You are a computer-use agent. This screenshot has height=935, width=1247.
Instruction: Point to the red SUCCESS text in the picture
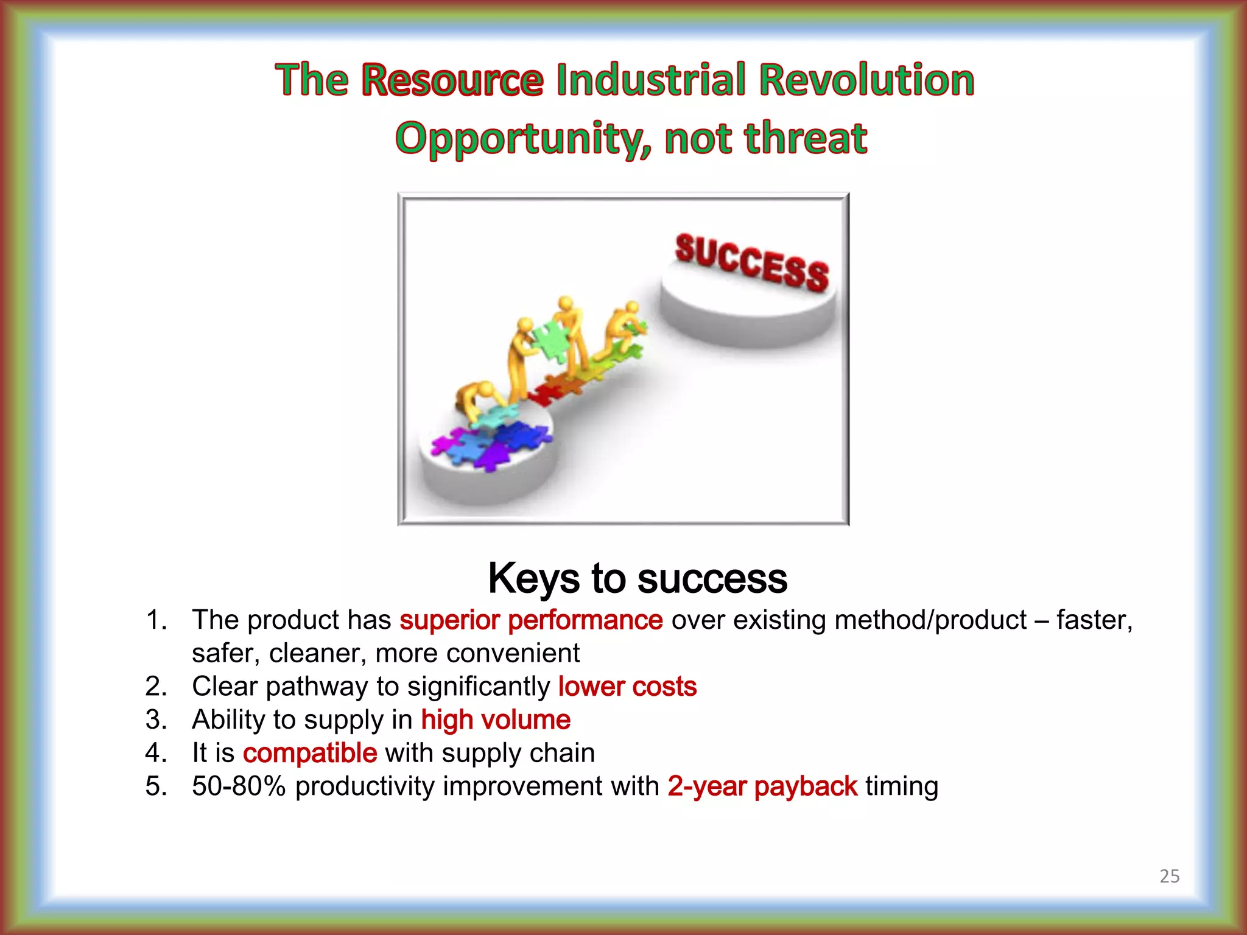coord(751,263)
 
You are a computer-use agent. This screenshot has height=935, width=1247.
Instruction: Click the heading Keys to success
coord(637,578)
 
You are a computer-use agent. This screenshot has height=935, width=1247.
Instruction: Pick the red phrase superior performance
coord(530,620)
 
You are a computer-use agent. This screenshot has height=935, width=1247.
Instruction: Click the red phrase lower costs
coord(627,687)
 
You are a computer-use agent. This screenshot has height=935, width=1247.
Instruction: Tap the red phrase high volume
coord(496,720)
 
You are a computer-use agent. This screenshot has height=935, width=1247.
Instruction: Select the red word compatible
coord(310,753)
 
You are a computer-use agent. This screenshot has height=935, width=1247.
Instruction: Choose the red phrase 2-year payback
coord(762,786)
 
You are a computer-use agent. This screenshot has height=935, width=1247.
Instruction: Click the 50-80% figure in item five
coord(239,786)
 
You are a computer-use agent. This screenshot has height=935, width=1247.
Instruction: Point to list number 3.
coord(155,720)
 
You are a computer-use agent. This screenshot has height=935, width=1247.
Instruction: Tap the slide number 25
coord(1169,876)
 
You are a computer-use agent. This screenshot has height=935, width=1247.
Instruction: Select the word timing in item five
coord(901,786)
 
